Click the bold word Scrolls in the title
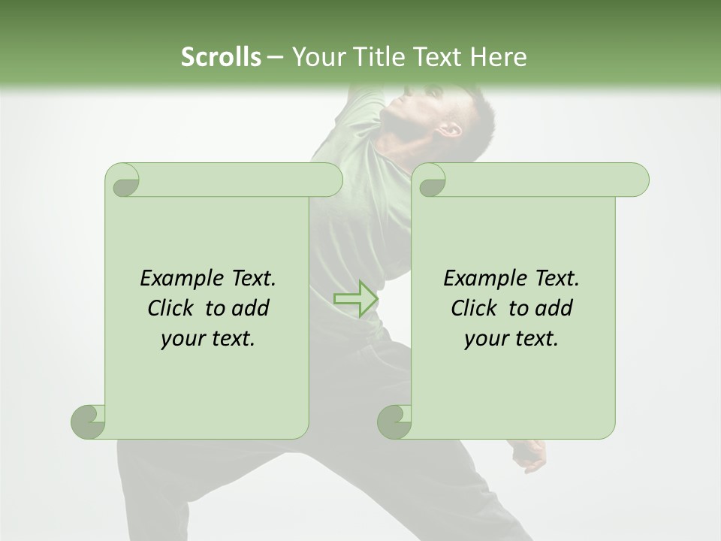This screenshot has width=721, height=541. (222, 57)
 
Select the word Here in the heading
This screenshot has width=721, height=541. (498, 57)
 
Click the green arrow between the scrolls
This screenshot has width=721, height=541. (355, 298)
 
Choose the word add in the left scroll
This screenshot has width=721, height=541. (252, 308)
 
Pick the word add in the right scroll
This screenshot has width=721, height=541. (555, 308)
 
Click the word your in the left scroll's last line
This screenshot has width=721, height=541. (183, 340)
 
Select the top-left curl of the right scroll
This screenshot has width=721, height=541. (430, 181)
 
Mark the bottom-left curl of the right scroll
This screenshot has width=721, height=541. (395, 421)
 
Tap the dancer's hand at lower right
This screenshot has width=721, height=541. (532, 455)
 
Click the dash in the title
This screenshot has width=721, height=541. (275, 57)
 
